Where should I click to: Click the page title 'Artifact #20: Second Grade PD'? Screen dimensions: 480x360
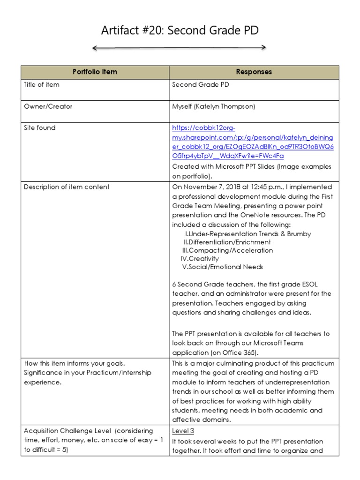[180, 31]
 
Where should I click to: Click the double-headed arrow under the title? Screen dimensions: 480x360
[180, 47]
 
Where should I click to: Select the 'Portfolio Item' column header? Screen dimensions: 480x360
[95, 72]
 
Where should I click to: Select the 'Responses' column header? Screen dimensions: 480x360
[254, 72]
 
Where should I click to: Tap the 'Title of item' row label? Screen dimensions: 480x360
[42, 85]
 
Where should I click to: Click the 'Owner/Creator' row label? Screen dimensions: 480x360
[48, 106]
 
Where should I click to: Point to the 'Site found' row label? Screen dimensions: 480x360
[39, 127]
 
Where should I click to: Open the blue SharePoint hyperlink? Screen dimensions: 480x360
[252, 142]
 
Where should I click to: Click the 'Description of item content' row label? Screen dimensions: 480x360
[67, 187]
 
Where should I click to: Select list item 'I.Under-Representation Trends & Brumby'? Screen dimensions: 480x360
[248, 233]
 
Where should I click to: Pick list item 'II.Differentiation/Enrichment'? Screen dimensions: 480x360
[227, 242]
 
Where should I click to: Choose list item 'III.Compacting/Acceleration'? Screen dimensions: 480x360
[227, 250]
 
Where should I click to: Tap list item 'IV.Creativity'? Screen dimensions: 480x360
[200, 258]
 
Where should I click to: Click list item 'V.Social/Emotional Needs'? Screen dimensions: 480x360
[222, 267]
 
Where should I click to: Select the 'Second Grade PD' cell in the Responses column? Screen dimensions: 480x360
[200, 85]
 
